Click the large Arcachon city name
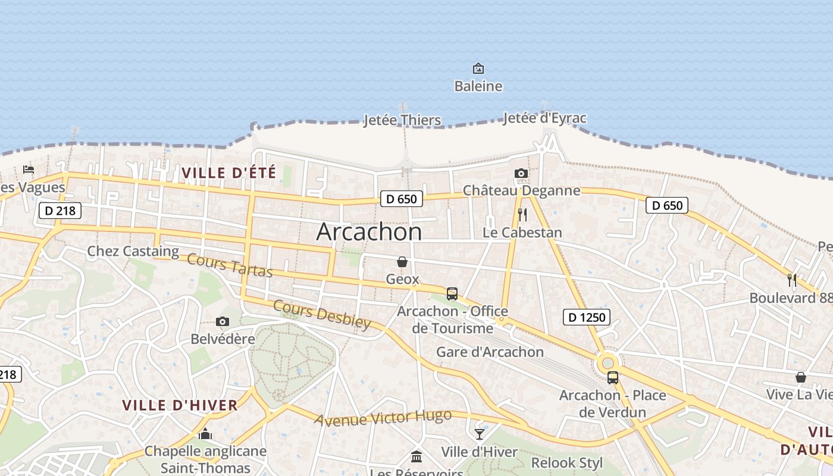(x=369, y=231)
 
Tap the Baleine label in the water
(x=478, y=86)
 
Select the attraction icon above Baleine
(x=478, y=68)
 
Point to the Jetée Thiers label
(x=402, y=120)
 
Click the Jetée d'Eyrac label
(x=544, y=118)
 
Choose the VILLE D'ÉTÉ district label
(x=229, y=173)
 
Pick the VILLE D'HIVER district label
(x=180, y=406)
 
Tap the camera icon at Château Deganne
(x=521, y=173)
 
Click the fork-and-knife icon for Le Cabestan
(x=522, y=215)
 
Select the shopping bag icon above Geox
(x=402, y=262)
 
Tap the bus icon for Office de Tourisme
(x=452, y=293)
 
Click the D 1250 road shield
(x=587, y=317)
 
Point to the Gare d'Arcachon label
(x=490, y=352)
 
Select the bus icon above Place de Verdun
(x=612, y=377)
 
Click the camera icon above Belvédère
(x=223, y=322)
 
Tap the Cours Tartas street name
(x=230, y=265)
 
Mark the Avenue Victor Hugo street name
(x=383, y=418)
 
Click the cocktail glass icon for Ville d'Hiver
(x=480, y=434)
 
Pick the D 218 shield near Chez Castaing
(x=59, y=210)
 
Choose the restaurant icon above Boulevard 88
(x=792, y=280)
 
